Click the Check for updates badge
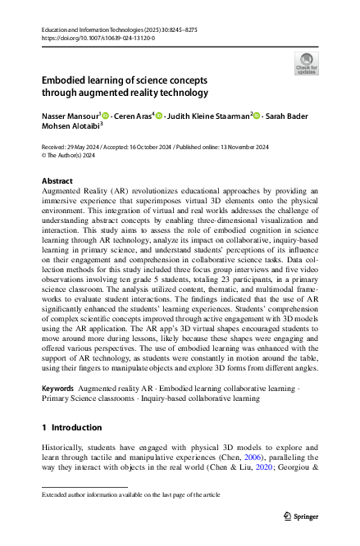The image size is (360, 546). pyautogui.click(x=306, y=61)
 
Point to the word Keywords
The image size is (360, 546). pyautogui.click(x=58, y=386)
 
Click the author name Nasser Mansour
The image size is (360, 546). pyautogui.click(x=70, y=116)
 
